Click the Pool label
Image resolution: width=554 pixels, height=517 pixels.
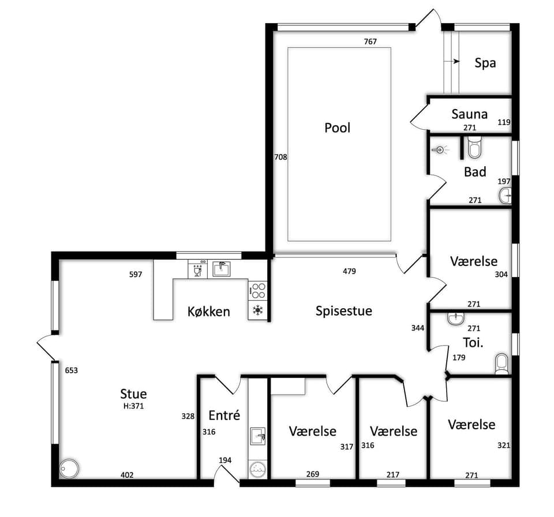pos(338,128)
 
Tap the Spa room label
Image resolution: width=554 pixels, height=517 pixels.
pos(485,63)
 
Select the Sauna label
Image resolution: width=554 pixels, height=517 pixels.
pos(470,114)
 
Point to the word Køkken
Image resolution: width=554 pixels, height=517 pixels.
pos(209,312)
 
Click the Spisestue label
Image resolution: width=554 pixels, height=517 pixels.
pos(344,310)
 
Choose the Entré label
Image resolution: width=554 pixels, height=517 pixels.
pos(224,415)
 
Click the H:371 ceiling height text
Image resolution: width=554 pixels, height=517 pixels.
pos(133,406)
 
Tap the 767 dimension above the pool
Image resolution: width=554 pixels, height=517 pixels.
pos(370,42)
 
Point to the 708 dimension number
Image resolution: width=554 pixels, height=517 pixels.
pos(281,157)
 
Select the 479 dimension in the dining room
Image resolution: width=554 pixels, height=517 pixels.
pos(350,271)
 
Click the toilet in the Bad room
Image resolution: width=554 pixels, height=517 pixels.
pos(474,147)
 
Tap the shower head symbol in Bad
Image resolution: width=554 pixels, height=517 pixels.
pos(439,150)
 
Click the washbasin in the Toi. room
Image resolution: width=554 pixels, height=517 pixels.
pos(456,318)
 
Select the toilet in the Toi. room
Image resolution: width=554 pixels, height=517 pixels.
pos(501,364)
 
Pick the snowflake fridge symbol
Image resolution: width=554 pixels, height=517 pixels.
pos(257,310)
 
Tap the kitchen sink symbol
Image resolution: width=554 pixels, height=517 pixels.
pos(222,268)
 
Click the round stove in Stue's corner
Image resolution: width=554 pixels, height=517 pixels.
pos(69,469)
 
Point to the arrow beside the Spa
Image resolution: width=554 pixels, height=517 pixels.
pos(452,61)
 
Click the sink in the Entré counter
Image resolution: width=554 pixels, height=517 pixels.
pos(257,436)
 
